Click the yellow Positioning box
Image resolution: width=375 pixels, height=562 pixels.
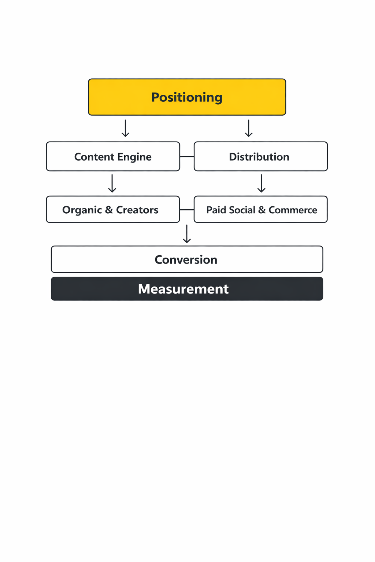point(187,97)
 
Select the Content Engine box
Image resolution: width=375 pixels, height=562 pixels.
point(113,157)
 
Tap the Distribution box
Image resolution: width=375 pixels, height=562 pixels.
point(260,157)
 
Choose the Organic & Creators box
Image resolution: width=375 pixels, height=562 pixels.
point(113,210)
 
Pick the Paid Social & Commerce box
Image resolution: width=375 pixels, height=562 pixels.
point(260,210)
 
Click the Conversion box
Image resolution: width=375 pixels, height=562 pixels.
point(187,259)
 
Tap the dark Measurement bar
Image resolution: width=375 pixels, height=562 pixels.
point(187,289)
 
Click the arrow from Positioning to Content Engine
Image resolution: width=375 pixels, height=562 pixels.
point(125,128)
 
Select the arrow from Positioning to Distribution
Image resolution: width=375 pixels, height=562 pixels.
point(249,128)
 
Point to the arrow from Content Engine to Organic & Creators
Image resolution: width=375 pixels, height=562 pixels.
point(112,184)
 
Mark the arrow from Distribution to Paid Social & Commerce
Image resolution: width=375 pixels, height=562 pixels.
point(261,184)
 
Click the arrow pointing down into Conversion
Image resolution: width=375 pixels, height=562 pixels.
point(187,234)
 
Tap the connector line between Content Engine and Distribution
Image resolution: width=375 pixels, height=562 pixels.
point(187,157)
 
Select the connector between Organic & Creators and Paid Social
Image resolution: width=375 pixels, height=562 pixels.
point(187,210)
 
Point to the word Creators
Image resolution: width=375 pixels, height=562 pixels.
point(137,210)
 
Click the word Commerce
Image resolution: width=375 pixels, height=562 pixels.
point(293,210)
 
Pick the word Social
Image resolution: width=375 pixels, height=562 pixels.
point(242,210)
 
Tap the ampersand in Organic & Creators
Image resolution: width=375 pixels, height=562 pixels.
point(109,210)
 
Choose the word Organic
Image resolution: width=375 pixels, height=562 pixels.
point(82,210)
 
